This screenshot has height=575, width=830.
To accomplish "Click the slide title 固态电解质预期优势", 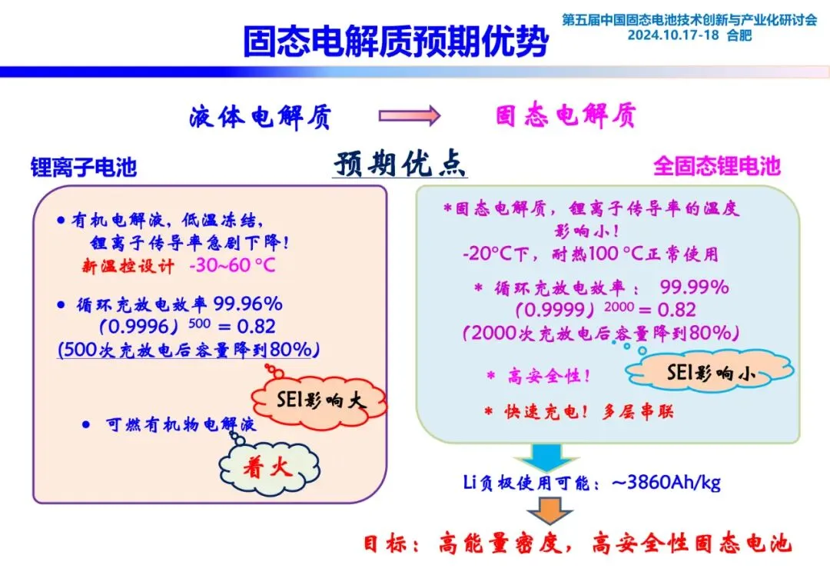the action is pos(395,42).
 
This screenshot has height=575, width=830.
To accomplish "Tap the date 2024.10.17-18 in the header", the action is pos(673,35).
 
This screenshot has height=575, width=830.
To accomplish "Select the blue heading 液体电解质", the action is pos(261,116).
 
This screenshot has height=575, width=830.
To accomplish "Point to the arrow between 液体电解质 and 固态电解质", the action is pos(409,116).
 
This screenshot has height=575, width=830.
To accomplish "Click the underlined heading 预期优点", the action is pos(400,164).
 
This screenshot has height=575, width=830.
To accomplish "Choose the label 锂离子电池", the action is pos(84,167).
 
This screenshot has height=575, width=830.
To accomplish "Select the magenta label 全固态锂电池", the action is pos(716,165).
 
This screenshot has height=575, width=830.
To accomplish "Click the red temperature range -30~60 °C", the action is pos(232,266).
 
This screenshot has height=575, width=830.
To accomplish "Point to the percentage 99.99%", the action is pos(694,287).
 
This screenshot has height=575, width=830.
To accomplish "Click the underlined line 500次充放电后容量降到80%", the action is pos(188,348).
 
